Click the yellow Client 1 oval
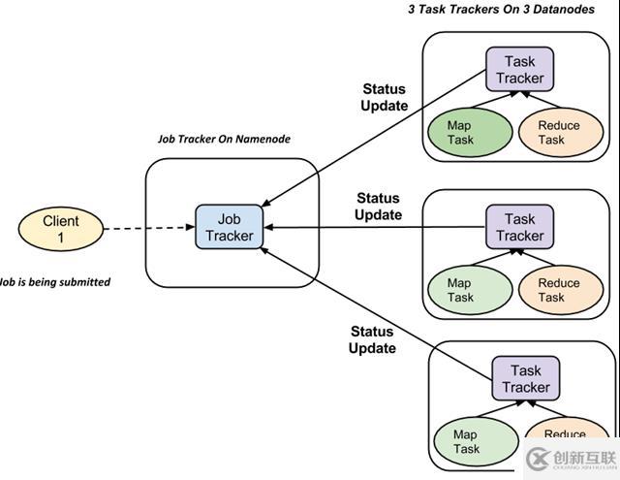point(60,229)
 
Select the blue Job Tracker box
point(229,227)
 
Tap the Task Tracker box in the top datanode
point(519,70)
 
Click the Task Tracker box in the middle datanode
point(519,227)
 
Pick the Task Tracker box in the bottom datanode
point(525,378)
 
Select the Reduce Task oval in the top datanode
point(558,132)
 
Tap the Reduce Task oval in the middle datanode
point(558,289)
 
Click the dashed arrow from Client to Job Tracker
point(145,229)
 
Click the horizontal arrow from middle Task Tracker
point(378,227)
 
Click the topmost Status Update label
point(385,97)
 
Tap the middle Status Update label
point(378,207)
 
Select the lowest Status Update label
point(373,339)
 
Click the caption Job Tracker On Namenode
point(224,139)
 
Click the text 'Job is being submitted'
point(54,282)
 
